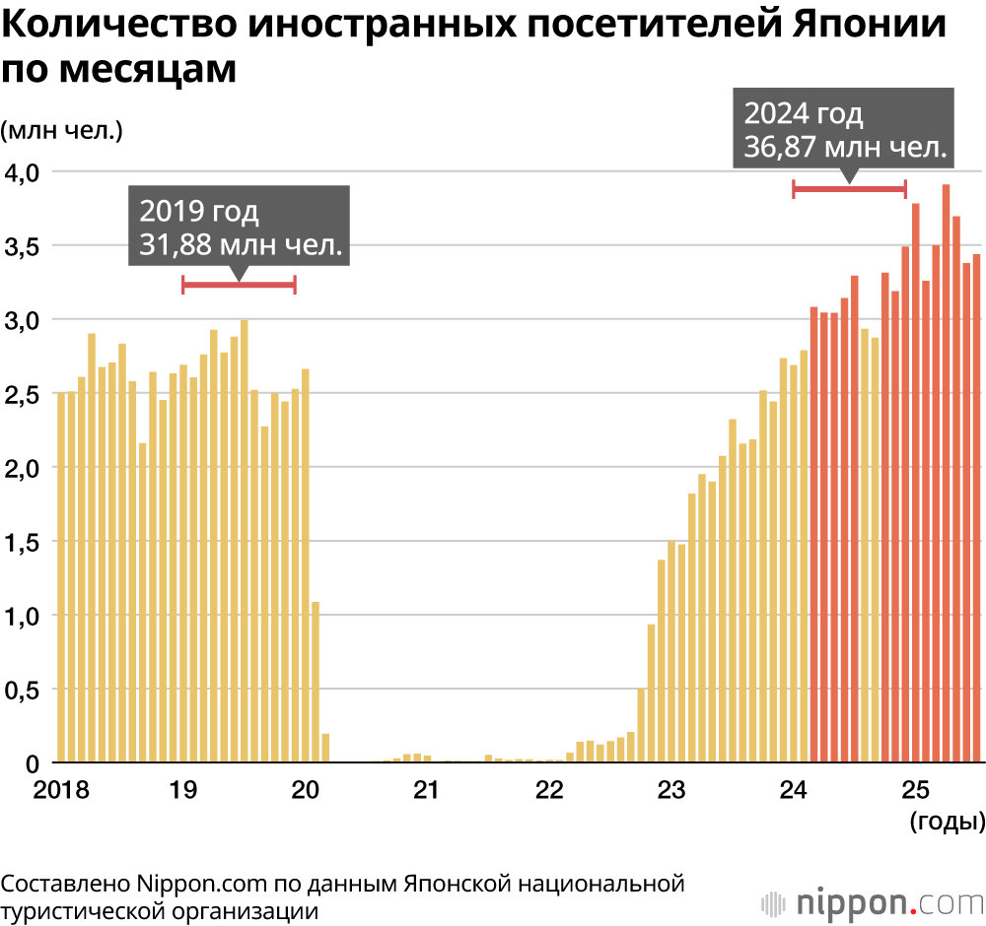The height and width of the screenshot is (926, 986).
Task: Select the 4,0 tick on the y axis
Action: (x=22, y=172)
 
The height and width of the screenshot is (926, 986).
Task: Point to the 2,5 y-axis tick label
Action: (x=22, y=394)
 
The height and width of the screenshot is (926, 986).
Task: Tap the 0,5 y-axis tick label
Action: (x=22, y=691)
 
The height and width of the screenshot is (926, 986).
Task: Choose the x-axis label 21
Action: (x=426, y=790)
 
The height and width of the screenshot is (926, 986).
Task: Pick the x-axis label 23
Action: (x=671, y=790)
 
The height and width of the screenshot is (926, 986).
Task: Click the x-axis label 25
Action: (x=917, y=790)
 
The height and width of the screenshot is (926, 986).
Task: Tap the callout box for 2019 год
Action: (x=240, y=228)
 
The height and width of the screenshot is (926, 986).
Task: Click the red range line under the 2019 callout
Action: (x=239, y=286)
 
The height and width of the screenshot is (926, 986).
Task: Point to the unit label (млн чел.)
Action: (x=61, y=129)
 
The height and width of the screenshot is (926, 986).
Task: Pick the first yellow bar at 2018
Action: (x=61, y=577)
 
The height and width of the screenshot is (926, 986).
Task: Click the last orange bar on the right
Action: (x=976, y=508)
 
